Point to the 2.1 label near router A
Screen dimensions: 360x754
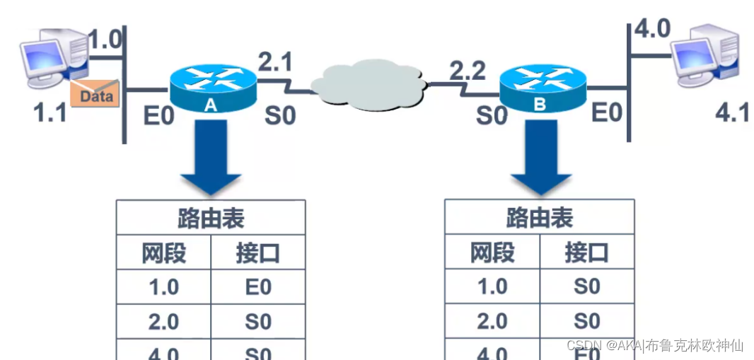coord(274,63)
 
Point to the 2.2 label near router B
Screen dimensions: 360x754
coord(468,70)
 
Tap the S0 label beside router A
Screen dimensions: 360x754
coord(280,115)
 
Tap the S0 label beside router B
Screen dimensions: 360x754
coord(492,115)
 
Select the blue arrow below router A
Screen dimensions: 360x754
coord(210,157)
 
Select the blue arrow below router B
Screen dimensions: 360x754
coord(541,157)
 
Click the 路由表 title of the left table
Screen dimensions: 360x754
coord(211,218)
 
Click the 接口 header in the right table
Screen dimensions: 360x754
coord(586,252)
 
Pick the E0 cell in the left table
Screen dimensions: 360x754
coord(258,287)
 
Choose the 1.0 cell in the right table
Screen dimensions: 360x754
coord(492,286)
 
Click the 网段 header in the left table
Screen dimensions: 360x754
coord(163,252)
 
